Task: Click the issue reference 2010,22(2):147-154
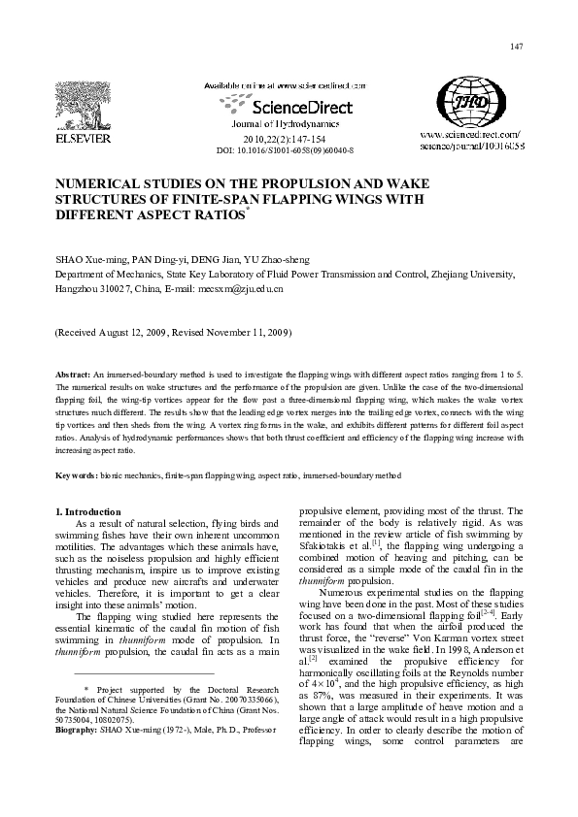(284, 140)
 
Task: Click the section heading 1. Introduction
(88, 511)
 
